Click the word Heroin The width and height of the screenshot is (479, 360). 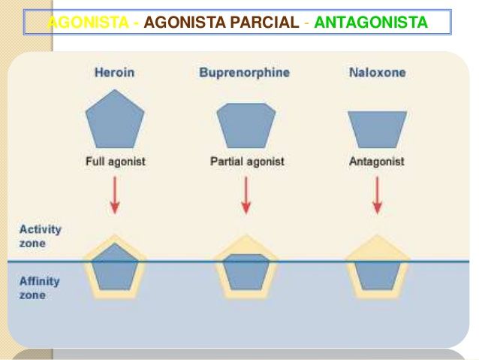coord(114,73)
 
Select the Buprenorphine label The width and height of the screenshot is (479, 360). coord(244,73)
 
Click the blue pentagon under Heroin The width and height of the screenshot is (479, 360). coord(114,120)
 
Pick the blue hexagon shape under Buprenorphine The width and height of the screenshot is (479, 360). coord(246,124)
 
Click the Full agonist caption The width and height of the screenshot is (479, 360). coord(114,161)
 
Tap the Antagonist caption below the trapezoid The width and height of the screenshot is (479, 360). coord(377,161)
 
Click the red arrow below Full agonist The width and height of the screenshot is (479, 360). coord(114,195)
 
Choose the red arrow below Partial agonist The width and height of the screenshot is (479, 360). coord(246,195)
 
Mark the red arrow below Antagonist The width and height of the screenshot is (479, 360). coord(377,195)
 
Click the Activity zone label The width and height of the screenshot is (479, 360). coord(40,235)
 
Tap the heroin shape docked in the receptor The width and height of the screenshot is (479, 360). coord(114,268)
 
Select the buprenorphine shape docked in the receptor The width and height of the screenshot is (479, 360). coord(246,272)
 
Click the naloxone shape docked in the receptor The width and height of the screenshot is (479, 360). coord(377,275)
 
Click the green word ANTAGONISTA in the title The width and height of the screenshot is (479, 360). coord(371,23)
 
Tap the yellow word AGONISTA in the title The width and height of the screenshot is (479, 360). coord(86,23)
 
